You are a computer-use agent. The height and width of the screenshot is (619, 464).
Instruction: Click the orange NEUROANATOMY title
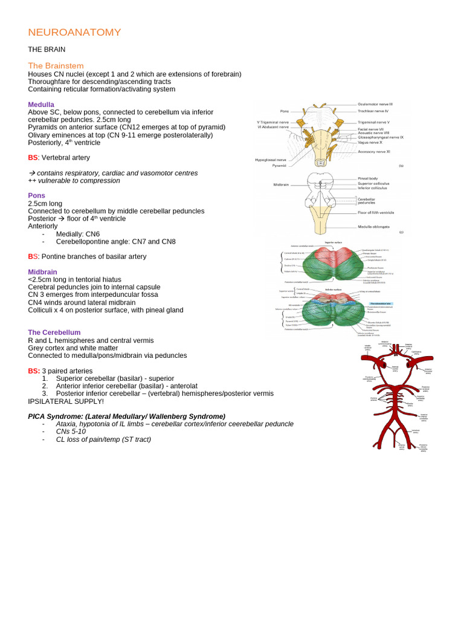click(x=74, y=32)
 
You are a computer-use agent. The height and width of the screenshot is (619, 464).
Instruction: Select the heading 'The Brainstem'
click(x=56, y=65)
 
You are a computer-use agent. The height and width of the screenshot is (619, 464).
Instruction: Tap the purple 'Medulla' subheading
click(x=41, y=105)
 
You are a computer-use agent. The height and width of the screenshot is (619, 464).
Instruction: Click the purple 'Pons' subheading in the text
click(x=37, y=196)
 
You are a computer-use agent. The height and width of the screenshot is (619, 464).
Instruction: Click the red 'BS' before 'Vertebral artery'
click(x=33, y=158)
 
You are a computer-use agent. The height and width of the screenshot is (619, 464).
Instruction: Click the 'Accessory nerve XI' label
click(x=374, y=152)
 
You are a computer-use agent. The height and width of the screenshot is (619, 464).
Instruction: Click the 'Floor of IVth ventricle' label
click(x=376, y=213)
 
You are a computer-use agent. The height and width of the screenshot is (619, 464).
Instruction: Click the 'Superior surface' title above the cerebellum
click(x=333, y=242)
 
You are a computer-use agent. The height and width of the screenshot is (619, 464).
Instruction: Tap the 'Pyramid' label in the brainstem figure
click(x=279, y=165)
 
